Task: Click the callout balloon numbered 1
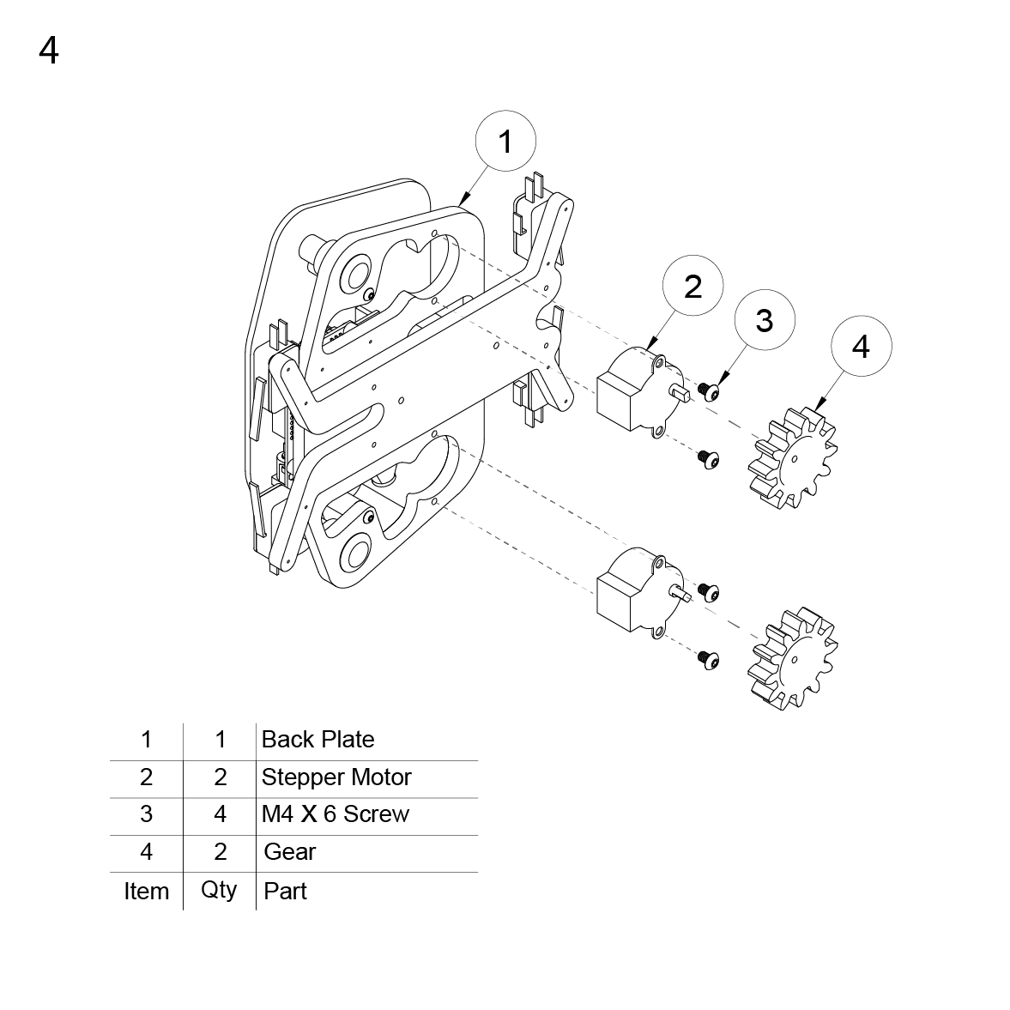[x=505, y=140]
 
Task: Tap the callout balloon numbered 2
[x=692, y=286]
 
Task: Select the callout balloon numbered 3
[x=764, y=320]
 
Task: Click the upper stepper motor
[x=635, y=391]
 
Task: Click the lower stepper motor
[x=635, y=593]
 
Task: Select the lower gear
[x=789, y=660]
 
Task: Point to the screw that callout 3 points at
[x=708, y=391]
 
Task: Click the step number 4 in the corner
[x=49, y=51]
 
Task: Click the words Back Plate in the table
[x=318, y=740]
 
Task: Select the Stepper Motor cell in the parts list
[x=336, y=777]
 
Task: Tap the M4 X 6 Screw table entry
[x=336, y=814]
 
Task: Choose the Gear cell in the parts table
[x=290, y=852]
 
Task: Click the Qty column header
[x=219, y=890]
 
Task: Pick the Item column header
[x=146, y=892]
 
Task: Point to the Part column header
[x=285, y=892]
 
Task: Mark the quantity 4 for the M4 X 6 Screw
[x=220, y=814]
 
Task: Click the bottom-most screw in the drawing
[x=708, y=659]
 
